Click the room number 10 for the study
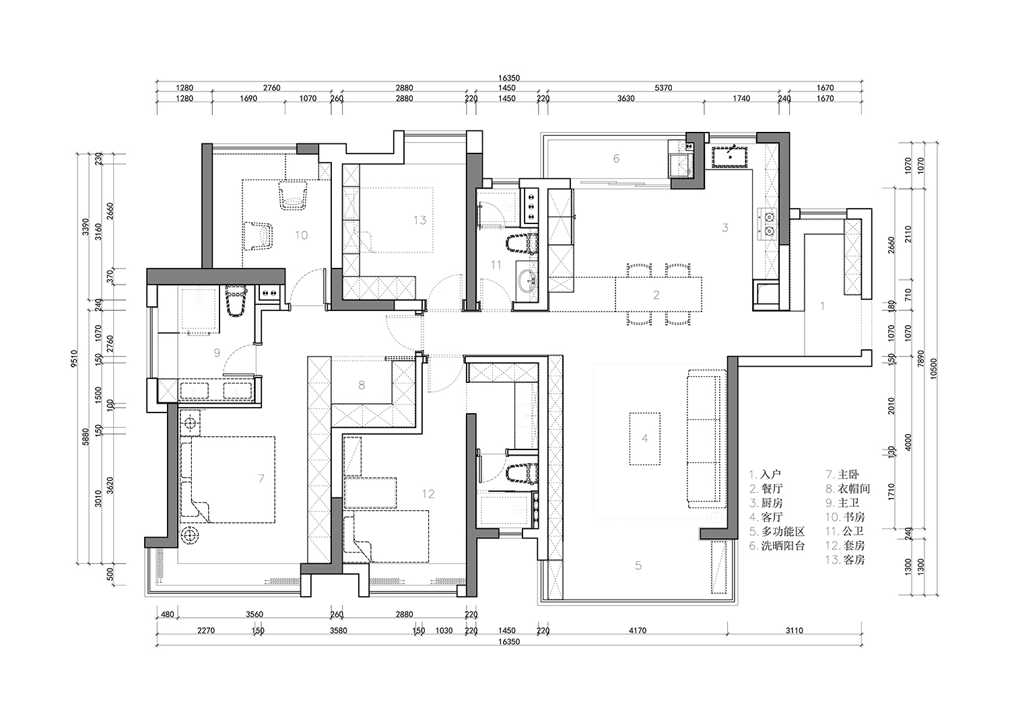coord(301,235)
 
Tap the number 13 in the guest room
coord(419,220)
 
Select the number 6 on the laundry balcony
coord(616,158)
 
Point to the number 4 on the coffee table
coord(645,438)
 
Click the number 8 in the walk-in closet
coord(362,385)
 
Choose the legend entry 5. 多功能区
coord(777,532)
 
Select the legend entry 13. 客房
coord(845,560)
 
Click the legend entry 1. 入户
coord(765,474)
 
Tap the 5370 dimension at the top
coord(663,88)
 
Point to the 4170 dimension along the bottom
coord(638,631)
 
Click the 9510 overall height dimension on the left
coord(74,359)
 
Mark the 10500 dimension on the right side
coord(933,368)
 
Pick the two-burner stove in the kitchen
coord(768,224)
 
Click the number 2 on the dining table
coord(656,295)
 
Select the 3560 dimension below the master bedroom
coord(255,614)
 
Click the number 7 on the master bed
coord(261,478)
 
